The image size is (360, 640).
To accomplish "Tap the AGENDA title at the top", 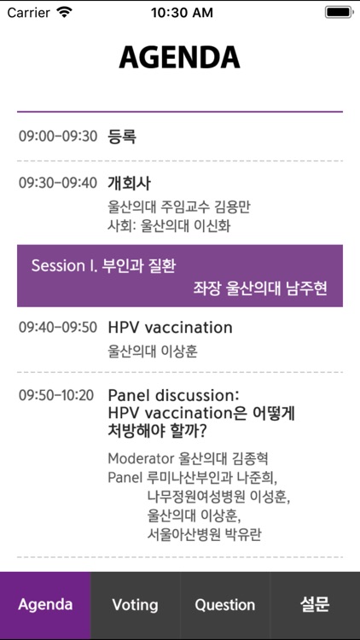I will (179, 57).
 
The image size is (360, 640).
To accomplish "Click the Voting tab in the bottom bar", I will (135, 604).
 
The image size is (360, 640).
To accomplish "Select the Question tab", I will (224, 604).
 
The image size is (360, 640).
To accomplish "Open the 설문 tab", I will (315, 604).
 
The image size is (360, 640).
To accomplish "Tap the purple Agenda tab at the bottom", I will (45, 604).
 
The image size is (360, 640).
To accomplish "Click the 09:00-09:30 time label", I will (58, 136).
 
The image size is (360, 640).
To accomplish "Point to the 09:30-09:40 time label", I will (58, 183).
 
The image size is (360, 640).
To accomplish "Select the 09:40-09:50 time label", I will (58, 327).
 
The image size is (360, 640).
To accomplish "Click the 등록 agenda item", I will (122, 136).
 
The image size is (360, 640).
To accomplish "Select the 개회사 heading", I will (129, 183).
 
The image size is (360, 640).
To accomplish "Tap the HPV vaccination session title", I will (170, 327).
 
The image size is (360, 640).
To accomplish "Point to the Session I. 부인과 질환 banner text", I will (103, 265).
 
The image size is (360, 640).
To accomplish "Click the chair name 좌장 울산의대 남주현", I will (260, 289).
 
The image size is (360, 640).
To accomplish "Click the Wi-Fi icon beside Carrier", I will (65, 13).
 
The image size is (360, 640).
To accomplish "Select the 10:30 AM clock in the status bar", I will (181, 13).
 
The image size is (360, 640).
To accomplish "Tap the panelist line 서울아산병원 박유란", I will (204, 534).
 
